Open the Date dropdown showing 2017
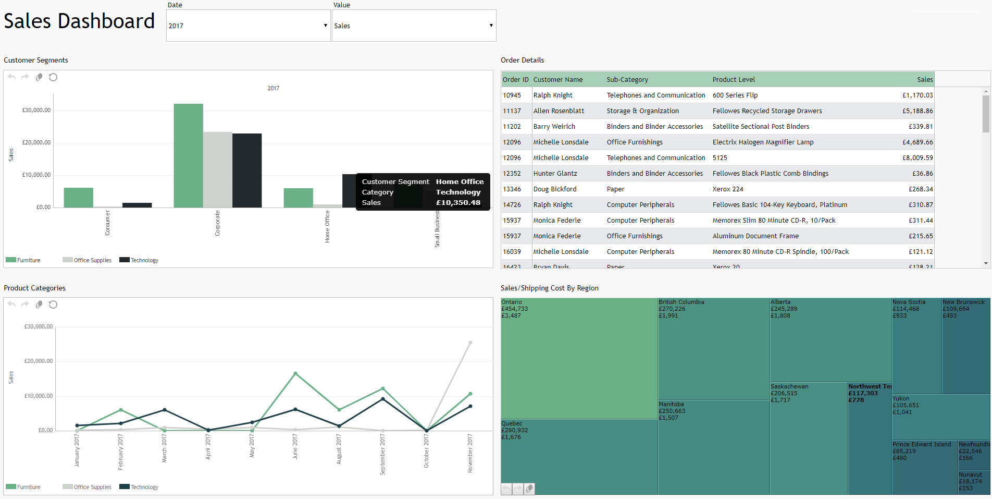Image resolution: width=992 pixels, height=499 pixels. (x=248, y=26)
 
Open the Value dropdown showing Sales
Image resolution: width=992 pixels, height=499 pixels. (x=414, y=26)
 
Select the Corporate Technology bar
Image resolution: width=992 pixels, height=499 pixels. (x=247, y=171)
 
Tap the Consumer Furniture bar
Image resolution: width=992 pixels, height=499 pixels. (x=78, y=198)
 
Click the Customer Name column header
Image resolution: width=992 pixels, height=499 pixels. (x=558, y=80)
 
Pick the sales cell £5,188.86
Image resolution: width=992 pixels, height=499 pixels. (x=917, y=111)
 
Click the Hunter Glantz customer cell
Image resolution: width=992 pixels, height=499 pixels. (x=555, y=174)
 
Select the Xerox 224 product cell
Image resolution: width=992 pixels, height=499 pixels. (x=728, y=189)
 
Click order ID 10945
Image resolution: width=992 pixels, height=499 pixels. (x=512, y=95)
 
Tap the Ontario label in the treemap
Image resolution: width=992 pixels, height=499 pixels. (x=512, y=302)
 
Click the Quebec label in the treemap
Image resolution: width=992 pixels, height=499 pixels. (x=512, y=423)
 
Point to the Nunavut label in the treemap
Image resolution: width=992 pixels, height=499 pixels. (x=970, y=474)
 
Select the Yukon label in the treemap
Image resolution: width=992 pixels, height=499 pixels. (x=901, y=398)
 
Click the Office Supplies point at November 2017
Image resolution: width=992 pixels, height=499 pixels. (x=470, y=343)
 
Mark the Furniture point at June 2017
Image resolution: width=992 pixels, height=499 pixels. (x=295, y=373)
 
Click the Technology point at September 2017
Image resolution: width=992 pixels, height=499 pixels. (x=383, y=399)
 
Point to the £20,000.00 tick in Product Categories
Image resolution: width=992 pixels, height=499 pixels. (x=39, y=361)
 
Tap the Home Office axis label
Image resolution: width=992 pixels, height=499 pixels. (x=327, y=226)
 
